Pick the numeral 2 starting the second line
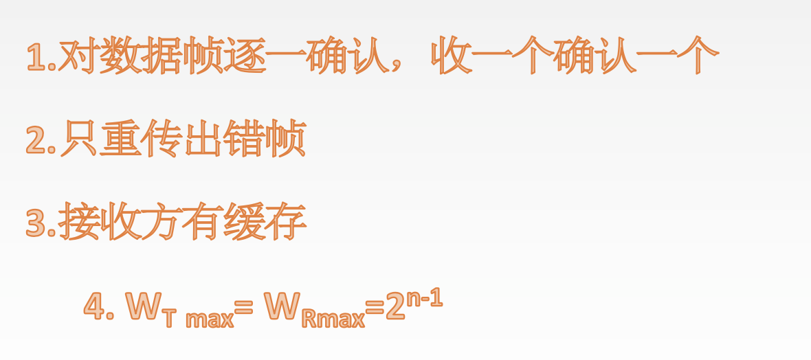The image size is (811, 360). coord(36,139)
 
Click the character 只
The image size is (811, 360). coord(78,139)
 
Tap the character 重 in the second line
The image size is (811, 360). coord(120,139)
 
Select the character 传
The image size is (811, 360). coord(162,139)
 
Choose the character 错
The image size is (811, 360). coord(245,139)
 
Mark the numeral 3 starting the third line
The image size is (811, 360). coord(36,223)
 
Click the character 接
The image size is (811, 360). coord(78,222)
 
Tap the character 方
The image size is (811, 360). coord(162,222)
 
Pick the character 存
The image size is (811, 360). coord(286,222)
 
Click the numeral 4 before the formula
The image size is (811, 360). coord(95,306)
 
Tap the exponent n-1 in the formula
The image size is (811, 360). coord(424,299)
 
